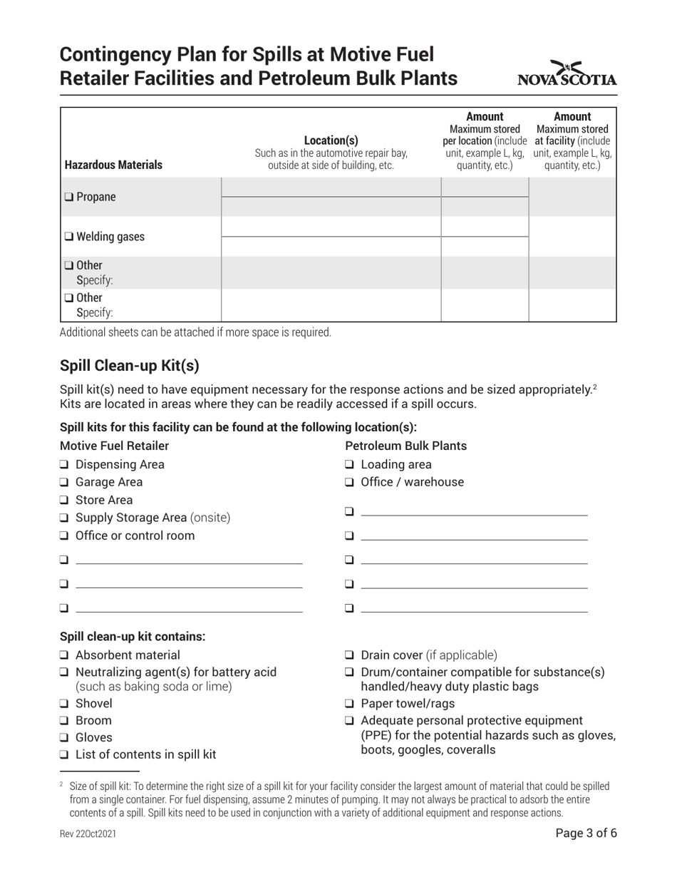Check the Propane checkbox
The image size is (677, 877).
point(68,198)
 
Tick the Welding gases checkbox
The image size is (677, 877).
point(68,237)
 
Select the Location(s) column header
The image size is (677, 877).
point(331,140)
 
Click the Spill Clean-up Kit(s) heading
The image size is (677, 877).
point(130,366)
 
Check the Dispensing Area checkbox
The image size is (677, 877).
point(64,465)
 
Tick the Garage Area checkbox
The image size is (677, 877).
point(64,483)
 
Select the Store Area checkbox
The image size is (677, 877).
point(64,501)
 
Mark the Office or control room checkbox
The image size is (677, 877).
point(64,536)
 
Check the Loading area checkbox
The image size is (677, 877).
point(350,465)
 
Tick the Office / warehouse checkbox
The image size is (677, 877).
point(350,483)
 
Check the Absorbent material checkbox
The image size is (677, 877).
point(64,655)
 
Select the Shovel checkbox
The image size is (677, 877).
point(64,704)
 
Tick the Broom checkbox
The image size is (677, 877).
point(64,721)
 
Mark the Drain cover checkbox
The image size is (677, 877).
point(350,655)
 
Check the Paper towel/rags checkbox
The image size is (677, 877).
point(350,704)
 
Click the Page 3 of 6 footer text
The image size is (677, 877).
point(586,833)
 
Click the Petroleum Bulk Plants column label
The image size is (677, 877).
point(405,446)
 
